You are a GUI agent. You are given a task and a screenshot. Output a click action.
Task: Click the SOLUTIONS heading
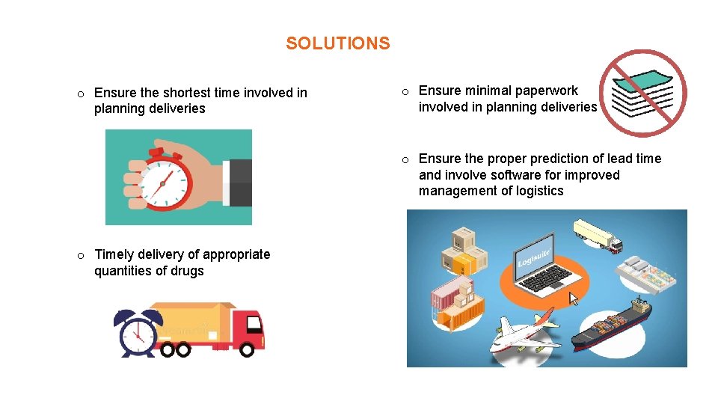(x=337, y=43)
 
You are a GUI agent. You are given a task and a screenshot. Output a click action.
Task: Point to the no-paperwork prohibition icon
(x=645, y=93)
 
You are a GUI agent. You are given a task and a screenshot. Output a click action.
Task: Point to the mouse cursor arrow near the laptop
(x=574, y=299)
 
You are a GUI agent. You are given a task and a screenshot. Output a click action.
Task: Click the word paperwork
(x=546, y=91)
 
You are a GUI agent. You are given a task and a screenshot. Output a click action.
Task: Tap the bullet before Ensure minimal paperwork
(x=404, y=91)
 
